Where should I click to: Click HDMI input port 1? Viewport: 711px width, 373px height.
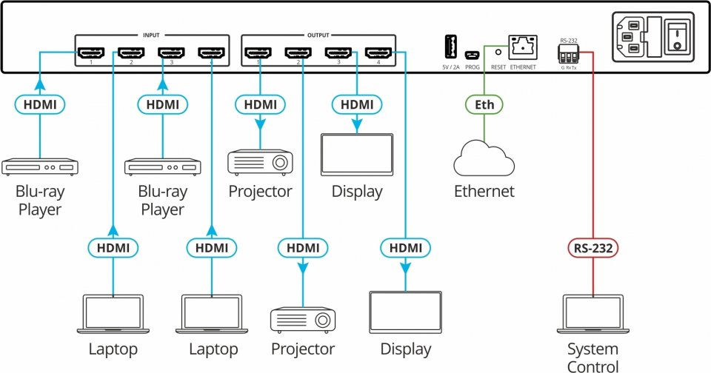(x=92, y=53)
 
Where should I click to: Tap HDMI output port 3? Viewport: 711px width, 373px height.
(x=338, y=53)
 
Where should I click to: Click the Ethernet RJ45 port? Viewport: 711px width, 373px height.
(x=522, y=47)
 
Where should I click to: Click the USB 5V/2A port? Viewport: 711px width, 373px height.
(x=448, y=47)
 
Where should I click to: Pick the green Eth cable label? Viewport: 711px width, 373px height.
(x=484, y=104)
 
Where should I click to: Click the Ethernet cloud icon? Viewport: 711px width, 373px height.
(x=484, y=158)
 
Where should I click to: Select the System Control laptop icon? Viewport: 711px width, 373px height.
(x=592, y=315)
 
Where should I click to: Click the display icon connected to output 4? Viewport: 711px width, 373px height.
(x=405, y=314)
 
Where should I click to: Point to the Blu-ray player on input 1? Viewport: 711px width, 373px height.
(x=40, y=166)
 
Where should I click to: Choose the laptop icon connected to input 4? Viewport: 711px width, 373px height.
(x=213, y=315)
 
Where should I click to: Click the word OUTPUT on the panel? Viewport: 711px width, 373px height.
(x=318, y=35)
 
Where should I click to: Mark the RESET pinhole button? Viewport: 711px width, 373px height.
(x=498, y=53)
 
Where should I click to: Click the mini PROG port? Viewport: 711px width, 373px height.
(x=472, y=54)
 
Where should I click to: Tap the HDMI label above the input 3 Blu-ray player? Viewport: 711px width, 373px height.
(x=162, y=104)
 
